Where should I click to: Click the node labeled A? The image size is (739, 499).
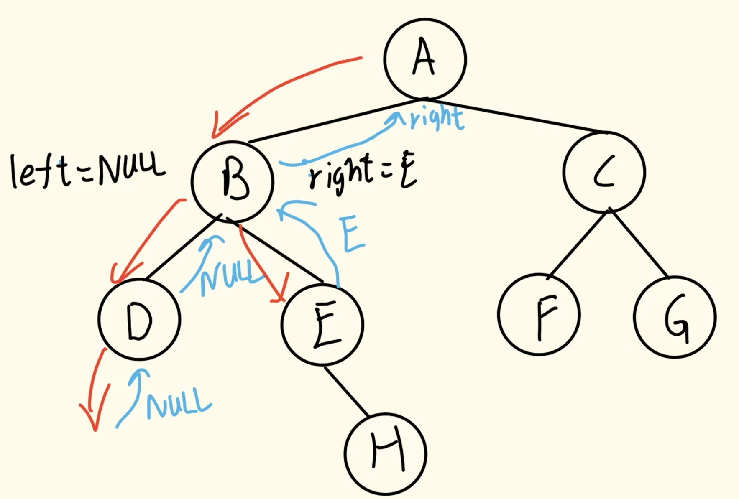pos(424,59)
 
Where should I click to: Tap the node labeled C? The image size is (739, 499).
pos(604,172)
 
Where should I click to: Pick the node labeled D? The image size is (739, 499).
pos(140,319)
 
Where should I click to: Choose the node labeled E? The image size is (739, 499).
pos(322,325)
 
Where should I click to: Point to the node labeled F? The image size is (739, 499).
pos(539,314)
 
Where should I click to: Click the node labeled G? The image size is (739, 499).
pos(675,317)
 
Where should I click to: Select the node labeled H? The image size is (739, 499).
pos(386,454)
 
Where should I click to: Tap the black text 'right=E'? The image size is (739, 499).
pos(362,173)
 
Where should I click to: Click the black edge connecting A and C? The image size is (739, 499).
pos(514,116)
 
